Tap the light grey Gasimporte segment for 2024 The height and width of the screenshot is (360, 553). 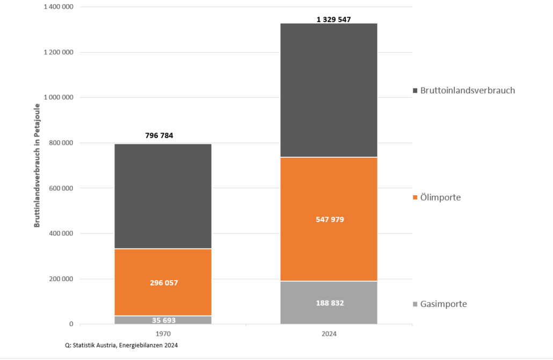329,311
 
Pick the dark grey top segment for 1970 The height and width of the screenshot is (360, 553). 163,196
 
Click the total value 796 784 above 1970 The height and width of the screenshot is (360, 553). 159,135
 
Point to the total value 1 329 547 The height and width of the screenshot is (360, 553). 334,19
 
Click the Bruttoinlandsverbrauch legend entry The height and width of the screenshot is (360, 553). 467,90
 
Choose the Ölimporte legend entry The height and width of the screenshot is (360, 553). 440,197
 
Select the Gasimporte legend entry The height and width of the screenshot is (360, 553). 443,304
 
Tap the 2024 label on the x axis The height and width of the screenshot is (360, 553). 329,334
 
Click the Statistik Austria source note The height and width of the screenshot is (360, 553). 121,346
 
